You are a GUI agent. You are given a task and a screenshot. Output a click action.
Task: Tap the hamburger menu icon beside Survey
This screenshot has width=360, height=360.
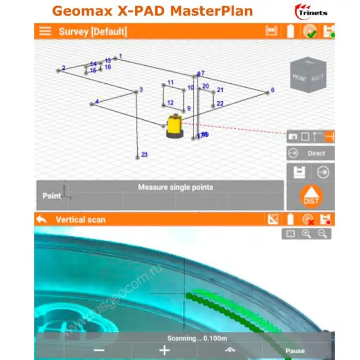pos(45,31)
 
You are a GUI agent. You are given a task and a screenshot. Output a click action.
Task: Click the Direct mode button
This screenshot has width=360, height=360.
pos(310,153)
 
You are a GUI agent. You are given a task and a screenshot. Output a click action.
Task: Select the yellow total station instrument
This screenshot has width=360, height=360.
pos(174,127)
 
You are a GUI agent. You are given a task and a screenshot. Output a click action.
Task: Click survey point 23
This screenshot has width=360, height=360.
pos(137,157)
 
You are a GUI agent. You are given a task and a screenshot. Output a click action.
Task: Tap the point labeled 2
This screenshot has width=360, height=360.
pos(58,70)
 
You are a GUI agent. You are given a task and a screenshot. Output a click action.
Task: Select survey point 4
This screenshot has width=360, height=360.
pos(92,103)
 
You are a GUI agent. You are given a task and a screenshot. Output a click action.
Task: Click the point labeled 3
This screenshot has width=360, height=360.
pos(136,91)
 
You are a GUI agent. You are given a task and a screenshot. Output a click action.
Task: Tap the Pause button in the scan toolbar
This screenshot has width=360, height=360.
pos(295,350)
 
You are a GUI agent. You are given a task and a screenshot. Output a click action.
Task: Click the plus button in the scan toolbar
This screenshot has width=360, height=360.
pos(164,350)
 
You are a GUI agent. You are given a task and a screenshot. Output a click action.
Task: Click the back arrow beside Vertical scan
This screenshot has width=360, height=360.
pos(41,219)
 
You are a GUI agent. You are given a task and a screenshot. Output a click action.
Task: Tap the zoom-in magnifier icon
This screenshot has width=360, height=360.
pos(307,233)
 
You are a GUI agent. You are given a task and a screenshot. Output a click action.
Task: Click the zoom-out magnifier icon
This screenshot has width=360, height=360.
pos(323,233)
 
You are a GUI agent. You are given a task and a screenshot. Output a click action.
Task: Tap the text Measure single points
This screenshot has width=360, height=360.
pos(175,187)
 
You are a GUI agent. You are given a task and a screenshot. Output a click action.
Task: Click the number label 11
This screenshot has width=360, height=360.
pos(170,83)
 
